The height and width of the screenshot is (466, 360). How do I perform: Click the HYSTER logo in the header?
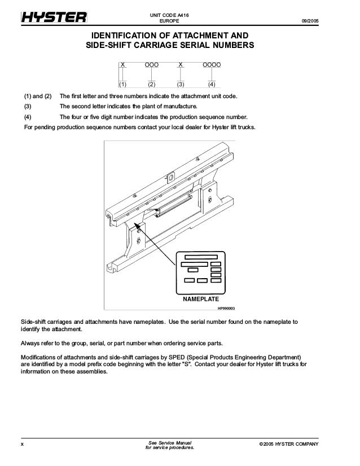[x=54, y=19]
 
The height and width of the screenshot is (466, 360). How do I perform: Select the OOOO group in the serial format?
[x=212, y=66]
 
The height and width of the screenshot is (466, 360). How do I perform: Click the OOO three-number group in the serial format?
[x=151, y=66]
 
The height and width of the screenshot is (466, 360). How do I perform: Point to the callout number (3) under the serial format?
[x=181, y=85]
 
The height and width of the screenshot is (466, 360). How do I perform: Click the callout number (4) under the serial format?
[x=212, y=85]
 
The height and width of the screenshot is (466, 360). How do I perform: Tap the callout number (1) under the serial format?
[x=122, y=85]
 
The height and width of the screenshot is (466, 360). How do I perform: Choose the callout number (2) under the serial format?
[x=151, y=85]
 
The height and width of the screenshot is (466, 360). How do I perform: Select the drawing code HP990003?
[x=226, y=309]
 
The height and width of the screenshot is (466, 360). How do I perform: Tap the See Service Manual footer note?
[x=169, y=442]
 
